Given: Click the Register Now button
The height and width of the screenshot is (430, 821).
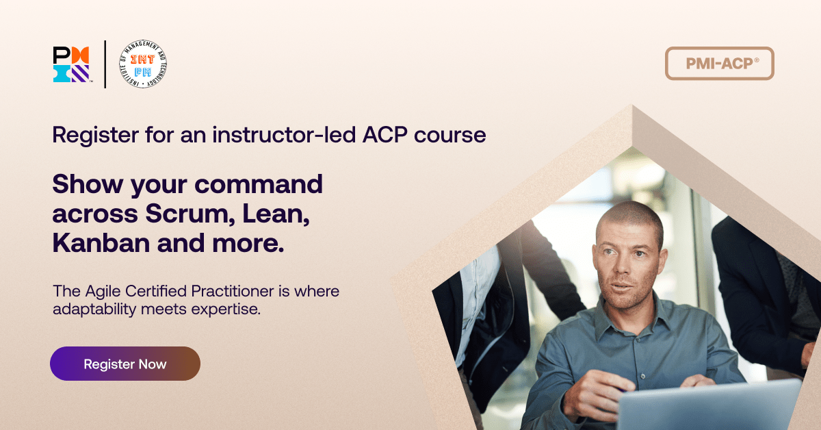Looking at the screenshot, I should tap(125, 364).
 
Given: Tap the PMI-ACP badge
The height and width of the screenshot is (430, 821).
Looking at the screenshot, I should tap(719, 64).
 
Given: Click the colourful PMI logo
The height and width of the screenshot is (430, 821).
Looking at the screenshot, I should tap(71, 64).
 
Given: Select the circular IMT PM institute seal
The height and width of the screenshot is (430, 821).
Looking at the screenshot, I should tap(142, 64).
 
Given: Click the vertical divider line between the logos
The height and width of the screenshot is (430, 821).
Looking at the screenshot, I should tap(105, 64).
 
